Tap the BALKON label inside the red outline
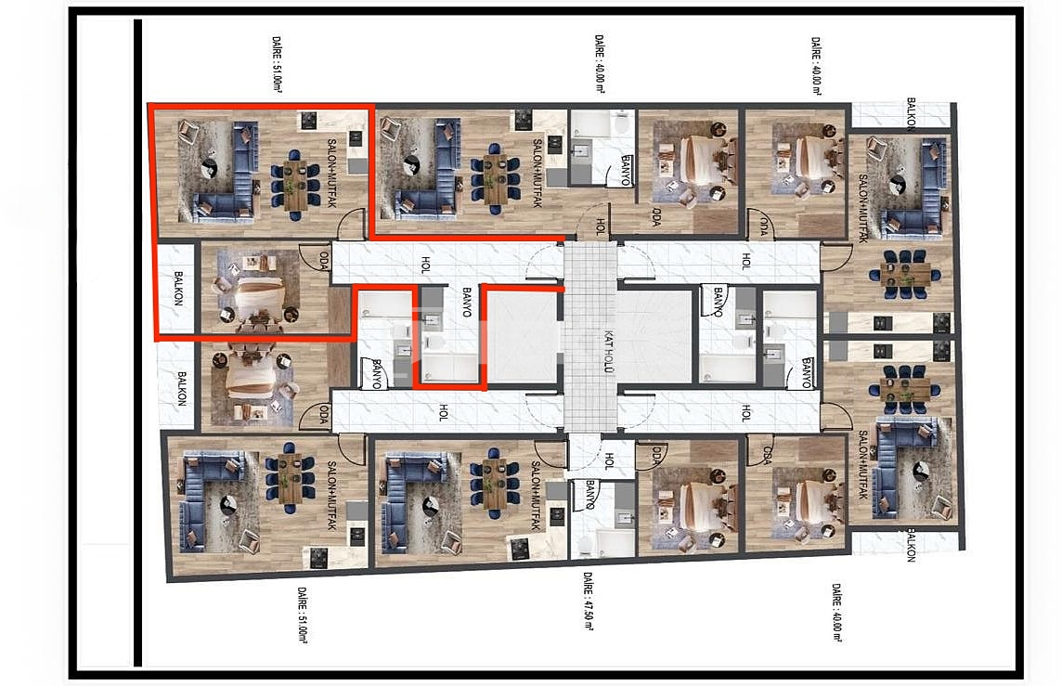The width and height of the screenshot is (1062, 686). (176, 289)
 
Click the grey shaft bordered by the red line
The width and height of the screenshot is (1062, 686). (523, 335)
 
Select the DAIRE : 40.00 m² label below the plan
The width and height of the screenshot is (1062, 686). (836, 613)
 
